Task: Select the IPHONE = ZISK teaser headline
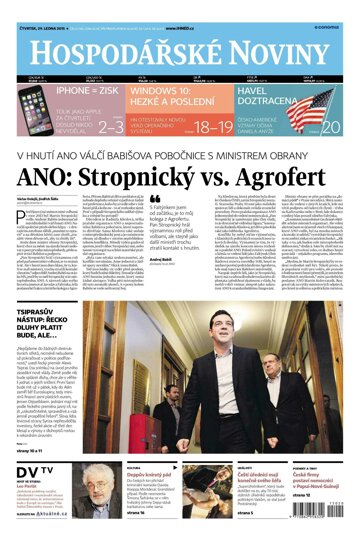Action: tap(61, 89)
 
